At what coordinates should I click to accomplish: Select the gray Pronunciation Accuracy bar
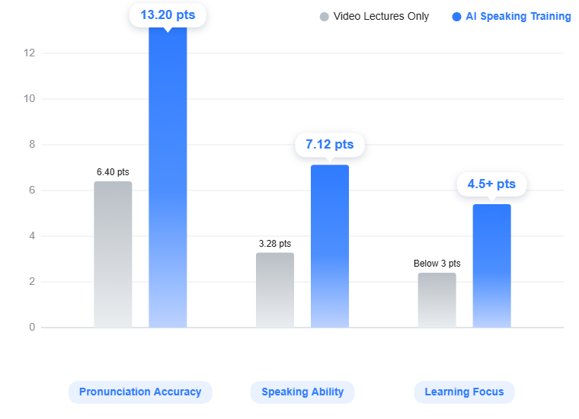(113, 254)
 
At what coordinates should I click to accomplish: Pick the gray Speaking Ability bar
(274, 290)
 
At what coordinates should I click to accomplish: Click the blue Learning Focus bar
(491, 266)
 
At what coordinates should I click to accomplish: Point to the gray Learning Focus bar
(437, 300)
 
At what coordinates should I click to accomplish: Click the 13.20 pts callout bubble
(168, 14)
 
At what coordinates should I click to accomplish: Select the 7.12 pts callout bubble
(329, 144)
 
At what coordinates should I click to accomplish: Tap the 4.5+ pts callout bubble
(491, 184)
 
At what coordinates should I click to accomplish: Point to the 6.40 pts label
(113, 172)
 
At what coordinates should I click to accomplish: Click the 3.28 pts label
(274, 244)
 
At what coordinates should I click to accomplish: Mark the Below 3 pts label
(437, 264)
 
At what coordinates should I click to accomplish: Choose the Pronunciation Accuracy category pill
(140, 392)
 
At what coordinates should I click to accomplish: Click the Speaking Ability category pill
(302, 392)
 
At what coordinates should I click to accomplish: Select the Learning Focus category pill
(464, 392)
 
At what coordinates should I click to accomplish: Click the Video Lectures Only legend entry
(375, 16)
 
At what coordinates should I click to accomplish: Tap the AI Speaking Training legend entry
(511, 16)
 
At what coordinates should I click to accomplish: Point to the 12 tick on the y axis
(30, 53)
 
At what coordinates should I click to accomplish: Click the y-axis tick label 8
(32, 145)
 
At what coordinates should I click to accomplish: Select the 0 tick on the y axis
(32, 328)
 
